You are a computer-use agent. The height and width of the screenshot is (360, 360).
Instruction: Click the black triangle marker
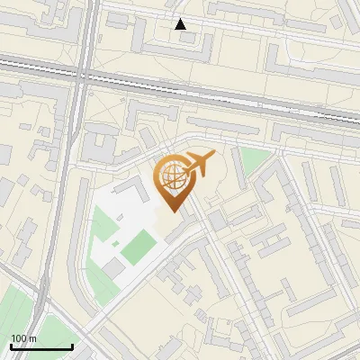[181, 24]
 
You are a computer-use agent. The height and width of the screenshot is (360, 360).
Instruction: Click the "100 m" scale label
[23, 338]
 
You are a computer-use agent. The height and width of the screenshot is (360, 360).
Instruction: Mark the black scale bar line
[40, 346]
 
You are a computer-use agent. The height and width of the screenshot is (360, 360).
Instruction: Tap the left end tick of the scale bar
[10, 345]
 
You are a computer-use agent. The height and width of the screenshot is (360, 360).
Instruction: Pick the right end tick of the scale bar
[72, 345]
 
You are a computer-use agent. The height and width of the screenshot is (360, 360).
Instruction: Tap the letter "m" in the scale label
[32, 338]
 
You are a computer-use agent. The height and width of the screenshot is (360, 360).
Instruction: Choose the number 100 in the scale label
[18, 338]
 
